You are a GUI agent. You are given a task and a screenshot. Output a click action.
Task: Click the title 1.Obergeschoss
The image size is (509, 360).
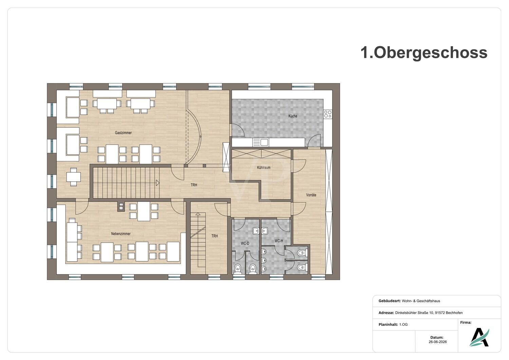(x=424, y=53)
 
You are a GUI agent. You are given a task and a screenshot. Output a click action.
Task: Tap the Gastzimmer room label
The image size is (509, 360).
(x=123, y=133)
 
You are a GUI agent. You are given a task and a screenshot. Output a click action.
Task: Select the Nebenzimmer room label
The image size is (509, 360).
(x=121, y=234)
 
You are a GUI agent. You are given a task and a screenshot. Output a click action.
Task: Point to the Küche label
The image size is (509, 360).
(x=293, y=116)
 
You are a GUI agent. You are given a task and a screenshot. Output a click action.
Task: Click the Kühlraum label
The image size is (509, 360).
(x=264, y=168)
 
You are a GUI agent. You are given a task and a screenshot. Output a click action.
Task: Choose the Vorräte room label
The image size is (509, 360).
(x=311, y=195)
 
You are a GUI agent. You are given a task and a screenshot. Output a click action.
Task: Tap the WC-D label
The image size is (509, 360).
(x=245, y=243)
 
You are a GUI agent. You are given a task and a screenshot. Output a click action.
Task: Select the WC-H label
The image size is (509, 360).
(x=279, y=241)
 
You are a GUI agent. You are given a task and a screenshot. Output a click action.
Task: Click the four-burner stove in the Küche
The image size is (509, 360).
(x=328, y=114)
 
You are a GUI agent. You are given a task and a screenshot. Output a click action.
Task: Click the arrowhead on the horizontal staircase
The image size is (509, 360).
(x=158, y=183)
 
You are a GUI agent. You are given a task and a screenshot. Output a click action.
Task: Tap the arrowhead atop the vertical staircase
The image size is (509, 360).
(x=198, y=214)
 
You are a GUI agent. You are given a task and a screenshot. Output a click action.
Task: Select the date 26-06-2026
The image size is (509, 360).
(x=438, y=342)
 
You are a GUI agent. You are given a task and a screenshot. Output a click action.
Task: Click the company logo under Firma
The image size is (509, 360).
(x=479, y=337)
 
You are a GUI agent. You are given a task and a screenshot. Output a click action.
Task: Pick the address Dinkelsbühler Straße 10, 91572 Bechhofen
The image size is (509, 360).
(x=429, y=313)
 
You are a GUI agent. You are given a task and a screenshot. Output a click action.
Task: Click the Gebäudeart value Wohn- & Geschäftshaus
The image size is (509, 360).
(x=421, y=301)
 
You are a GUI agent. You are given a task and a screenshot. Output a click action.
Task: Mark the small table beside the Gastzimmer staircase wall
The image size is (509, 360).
(x=73, y=177)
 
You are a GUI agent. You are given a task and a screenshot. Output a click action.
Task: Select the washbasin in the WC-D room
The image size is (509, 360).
(x=256, y=231)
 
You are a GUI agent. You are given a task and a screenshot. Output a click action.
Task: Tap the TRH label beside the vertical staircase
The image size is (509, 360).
(x=214, y=236)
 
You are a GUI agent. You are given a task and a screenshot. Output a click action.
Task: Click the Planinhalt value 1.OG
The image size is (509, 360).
(x=403, y=325)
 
